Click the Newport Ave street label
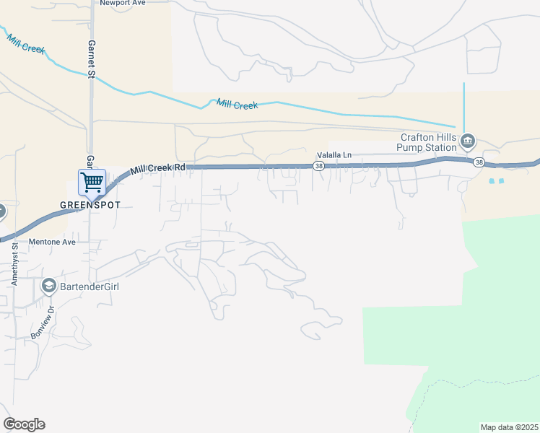click(123, 3)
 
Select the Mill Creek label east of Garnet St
click(238, 105)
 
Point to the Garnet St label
click(92, 58)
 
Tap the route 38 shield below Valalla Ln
click(318, 167)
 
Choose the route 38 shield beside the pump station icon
click(479, 163)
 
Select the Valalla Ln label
click(334, 154)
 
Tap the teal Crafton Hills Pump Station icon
click(468, 140)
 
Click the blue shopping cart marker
click(92, 182)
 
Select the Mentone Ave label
click(52, 242)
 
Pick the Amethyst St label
click(14, 265)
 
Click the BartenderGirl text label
click(90, 287)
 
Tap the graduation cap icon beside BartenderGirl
click(49, 286)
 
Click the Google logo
click(24, 424)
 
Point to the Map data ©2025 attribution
click(509, 427)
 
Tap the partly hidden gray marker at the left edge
click(1, 211)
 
